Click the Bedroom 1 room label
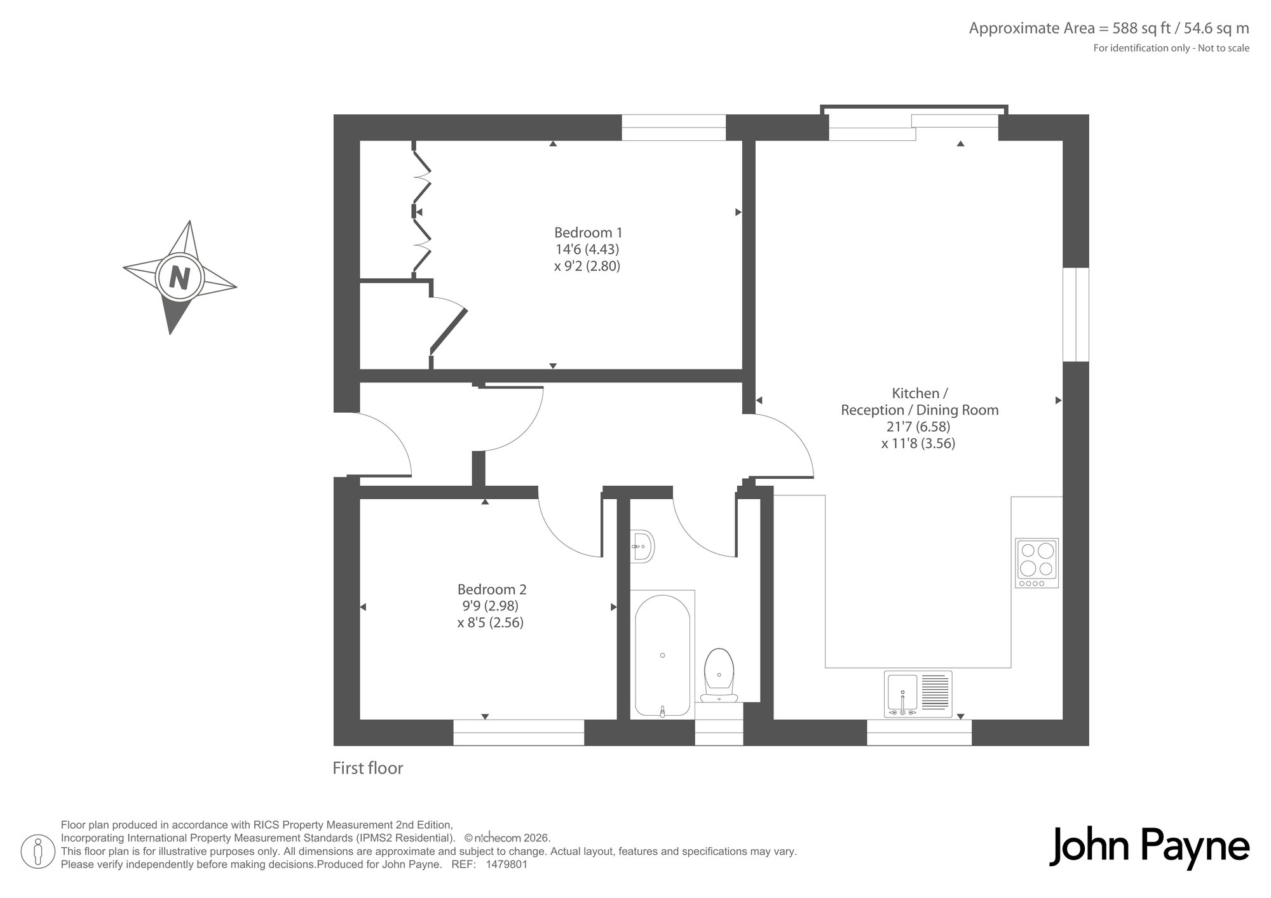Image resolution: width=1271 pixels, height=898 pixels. pos(588,232)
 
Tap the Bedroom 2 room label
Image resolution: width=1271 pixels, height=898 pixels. pos(492,589)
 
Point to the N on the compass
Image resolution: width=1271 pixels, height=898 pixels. pos(180,278)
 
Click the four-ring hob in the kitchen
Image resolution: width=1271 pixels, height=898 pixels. pos(1037,563)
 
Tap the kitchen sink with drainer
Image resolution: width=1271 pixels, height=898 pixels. pos(918,694)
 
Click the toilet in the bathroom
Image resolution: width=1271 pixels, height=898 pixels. pos(720,675)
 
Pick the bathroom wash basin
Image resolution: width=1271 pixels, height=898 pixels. pos(643,546)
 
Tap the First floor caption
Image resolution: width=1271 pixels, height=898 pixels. pos(368,768)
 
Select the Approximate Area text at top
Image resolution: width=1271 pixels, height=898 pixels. pos(1109,29)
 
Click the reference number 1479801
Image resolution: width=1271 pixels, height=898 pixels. pos(506,864)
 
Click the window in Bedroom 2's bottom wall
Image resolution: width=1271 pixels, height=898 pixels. pos(519,732)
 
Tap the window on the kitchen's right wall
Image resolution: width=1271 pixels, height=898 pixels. pos(1076,314)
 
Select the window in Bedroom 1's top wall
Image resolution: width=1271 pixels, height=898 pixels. pos(674,127)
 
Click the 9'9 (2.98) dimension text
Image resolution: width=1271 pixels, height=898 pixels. pos(491,606)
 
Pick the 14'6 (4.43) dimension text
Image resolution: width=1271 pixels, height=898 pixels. pos(587,249)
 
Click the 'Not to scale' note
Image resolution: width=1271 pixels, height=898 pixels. pos(1223,48)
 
